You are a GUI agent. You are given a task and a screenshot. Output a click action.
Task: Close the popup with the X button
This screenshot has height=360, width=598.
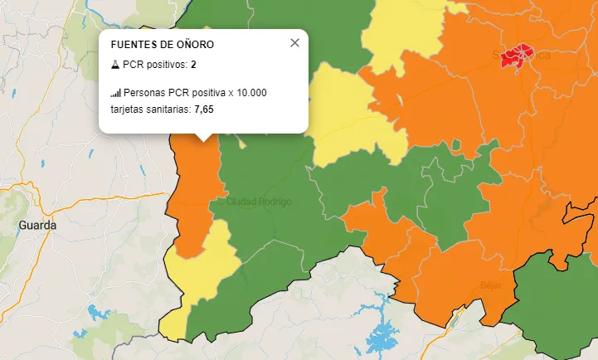tap(294, 43)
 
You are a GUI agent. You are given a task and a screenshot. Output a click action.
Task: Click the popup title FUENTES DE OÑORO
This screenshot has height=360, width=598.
tap(162, 44)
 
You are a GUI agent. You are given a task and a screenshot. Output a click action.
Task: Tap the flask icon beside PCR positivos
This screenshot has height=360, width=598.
tap(115, 64)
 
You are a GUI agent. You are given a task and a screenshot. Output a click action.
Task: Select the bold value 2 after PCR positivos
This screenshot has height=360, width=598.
tap(193, 64)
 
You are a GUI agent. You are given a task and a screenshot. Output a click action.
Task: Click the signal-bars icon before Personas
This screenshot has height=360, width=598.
tap(115, 93)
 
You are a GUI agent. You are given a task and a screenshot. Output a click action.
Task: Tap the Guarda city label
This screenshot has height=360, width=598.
tap(37, 225)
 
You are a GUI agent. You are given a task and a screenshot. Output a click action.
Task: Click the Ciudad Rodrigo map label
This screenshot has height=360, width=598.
tap(259, 202)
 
